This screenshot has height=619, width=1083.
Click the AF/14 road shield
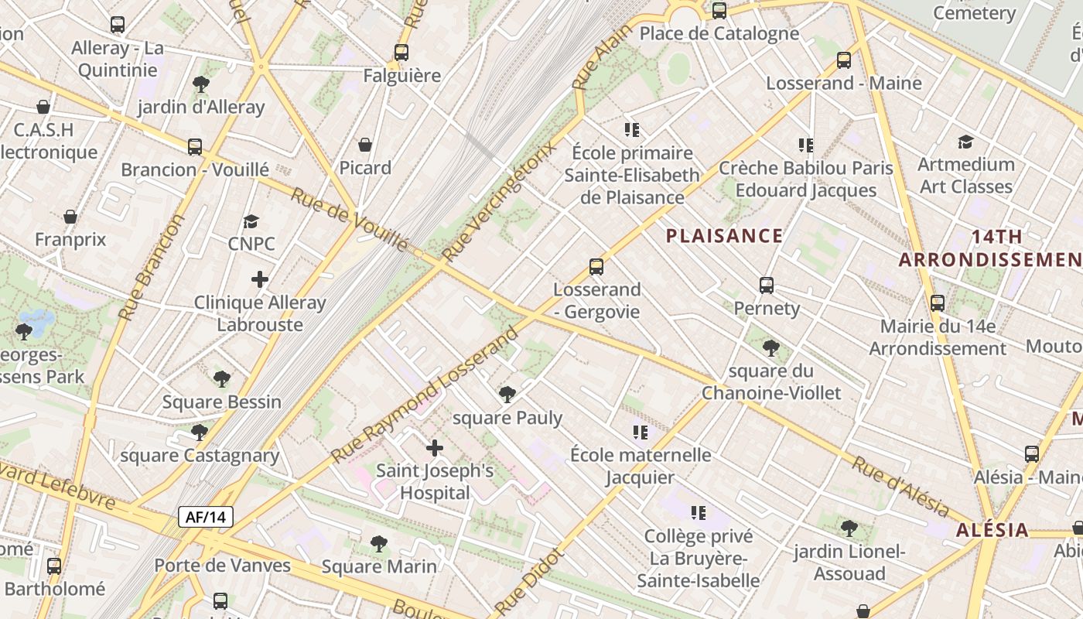(206, 517)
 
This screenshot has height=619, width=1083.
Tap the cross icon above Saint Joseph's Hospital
(435, 447)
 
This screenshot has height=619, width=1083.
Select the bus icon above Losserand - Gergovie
(596, 267)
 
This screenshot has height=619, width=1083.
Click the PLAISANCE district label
(725, 236)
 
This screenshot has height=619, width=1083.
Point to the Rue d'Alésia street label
(900, 486)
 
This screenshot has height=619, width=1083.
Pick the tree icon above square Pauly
(507, 395)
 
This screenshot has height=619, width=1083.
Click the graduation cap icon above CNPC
(251, 221)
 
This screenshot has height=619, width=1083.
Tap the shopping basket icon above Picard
(365, 145)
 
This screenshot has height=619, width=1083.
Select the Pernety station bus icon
(767, 286)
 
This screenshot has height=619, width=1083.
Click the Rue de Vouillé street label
(350, 219)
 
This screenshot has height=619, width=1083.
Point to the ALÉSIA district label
(992, 530)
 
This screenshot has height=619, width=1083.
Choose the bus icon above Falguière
(401, 53)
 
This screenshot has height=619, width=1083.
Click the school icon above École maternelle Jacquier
(640, 432)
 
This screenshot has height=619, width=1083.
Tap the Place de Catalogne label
(719, 33)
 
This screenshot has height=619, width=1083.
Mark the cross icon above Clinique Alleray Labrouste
(260, 279)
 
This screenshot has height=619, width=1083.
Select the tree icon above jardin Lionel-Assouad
(849, 528)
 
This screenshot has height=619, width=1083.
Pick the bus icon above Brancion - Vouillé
(195, 146)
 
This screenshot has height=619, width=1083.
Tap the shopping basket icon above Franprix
(70, 217)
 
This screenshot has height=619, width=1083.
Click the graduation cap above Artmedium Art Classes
(965, 142)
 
